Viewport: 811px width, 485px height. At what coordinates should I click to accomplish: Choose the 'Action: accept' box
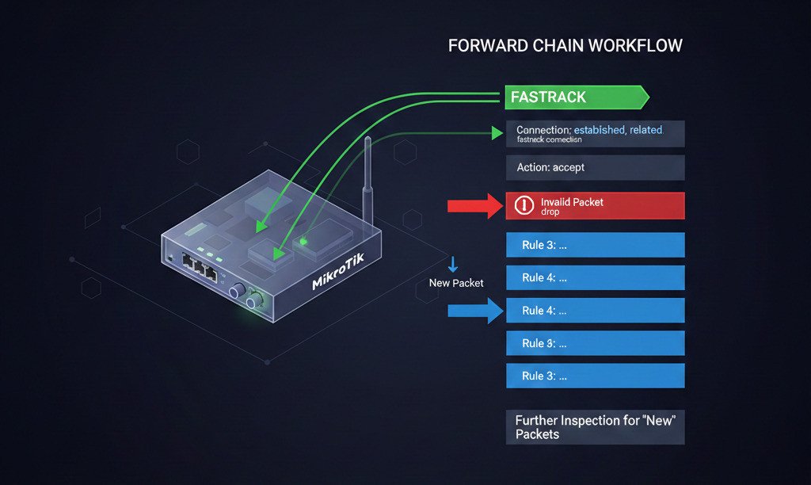(595, 167)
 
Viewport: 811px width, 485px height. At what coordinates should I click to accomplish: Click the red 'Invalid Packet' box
(595, 206)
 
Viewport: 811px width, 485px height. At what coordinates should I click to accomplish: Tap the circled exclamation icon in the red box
(524, 205)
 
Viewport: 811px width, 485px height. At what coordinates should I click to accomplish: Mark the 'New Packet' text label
(455, 283)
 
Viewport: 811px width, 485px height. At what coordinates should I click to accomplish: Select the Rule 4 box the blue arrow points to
(595, 311)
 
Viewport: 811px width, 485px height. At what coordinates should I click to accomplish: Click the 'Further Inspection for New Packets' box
(595, 427)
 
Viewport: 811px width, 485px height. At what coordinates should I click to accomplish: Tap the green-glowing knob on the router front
(255, 301)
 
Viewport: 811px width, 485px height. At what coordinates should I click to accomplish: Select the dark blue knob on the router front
(235, 292)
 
